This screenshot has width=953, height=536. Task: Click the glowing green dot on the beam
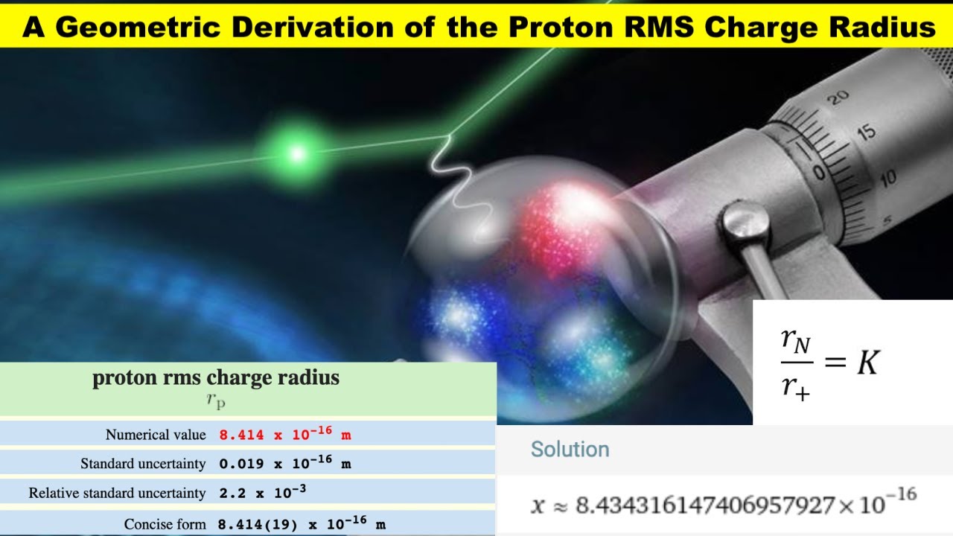coord(297,154)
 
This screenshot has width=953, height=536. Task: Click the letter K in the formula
coord(868,363)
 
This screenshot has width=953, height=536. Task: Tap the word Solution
coord(570,450)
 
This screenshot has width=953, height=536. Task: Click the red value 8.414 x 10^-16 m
coord(284,433)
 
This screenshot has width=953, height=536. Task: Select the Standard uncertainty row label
coord(143,464)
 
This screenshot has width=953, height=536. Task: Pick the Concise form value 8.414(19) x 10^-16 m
coord(302,523)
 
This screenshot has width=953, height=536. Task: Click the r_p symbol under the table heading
coord(216,400)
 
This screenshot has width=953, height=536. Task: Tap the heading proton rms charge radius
coord(216,378)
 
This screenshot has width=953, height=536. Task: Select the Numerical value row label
coord(156,434)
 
